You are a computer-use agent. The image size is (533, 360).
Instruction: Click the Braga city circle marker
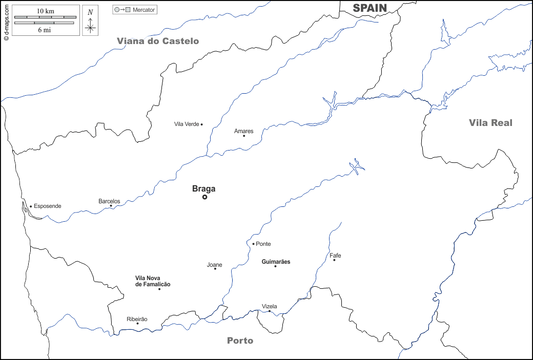tap(204, 197)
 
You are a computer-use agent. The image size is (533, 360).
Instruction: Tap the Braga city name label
tap(203, 188)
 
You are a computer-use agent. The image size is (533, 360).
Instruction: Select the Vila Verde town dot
tap(201, 124)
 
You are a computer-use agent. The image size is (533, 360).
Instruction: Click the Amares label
tap(243, 131)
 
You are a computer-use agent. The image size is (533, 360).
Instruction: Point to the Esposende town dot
tap(31, 206)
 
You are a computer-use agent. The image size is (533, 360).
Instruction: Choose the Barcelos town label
tap(109, 201)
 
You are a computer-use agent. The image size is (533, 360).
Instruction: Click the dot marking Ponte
tap(253, 244)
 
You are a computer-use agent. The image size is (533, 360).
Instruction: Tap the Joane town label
tap(214, 265)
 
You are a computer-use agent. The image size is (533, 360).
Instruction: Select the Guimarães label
tap(276, 262)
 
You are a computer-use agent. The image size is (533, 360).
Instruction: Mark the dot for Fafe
tap(334, 260)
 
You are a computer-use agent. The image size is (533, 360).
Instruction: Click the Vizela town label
tap(269, 306)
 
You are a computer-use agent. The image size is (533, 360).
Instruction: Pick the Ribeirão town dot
tap(137, 323)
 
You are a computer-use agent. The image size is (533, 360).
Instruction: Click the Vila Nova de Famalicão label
tap(153, 281)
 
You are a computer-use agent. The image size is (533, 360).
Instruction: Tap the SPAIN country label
tap(370, 7)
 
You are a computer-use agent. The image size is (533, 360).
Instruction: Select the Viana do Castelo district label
tap(157, 41)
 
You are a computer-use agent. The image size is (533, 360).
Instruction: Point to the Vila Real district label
tap(490, 122)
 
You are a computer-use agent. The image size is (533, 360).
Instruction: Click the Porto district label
tap(240, 341)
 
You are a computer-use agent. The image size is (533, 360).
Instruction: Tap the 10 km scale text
tap(45, 11)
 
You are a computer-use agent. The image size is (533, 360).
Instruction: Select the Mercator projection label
tap(143, 10)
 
